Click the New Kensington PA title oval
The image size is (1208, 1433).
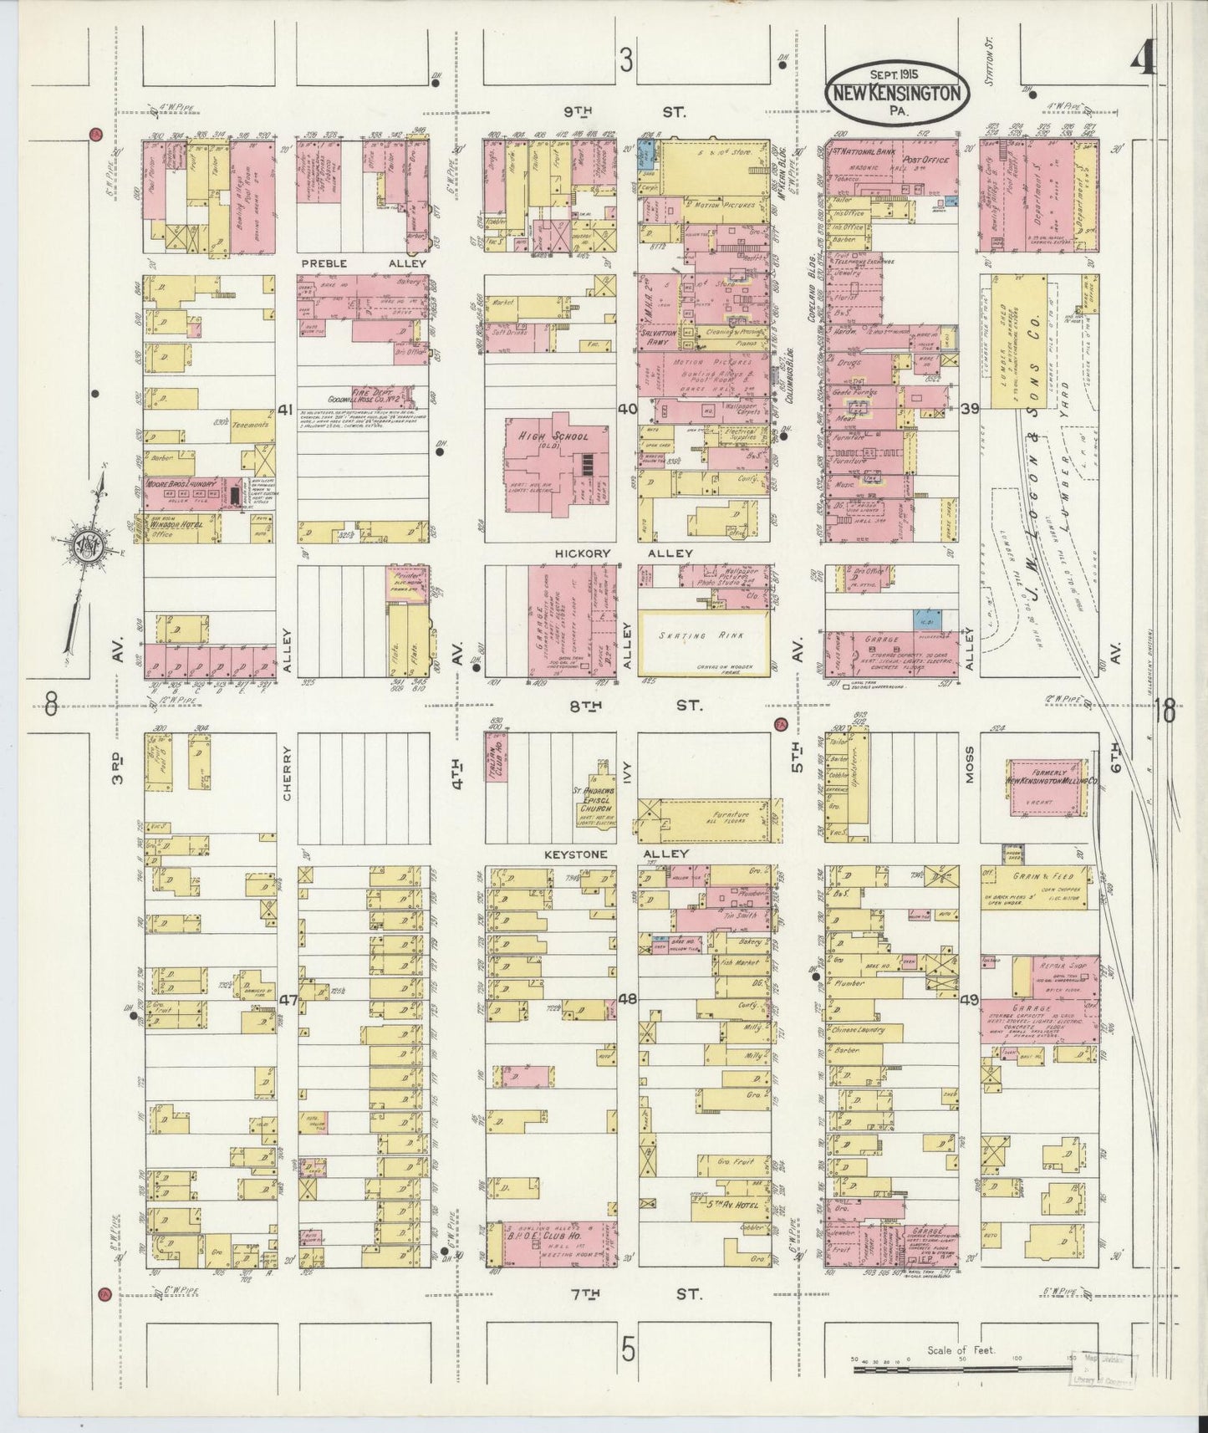click(898, 92)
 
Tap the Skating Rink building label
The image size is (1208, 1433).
click(701, 635)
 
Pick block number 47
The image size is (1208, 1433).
click(288, 1000)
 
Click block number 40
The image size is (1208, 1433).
click(627, 409)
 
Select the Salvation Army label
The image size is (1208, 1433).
click(658, 336)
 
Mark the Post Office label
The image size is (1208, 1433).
click(925, 158)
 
